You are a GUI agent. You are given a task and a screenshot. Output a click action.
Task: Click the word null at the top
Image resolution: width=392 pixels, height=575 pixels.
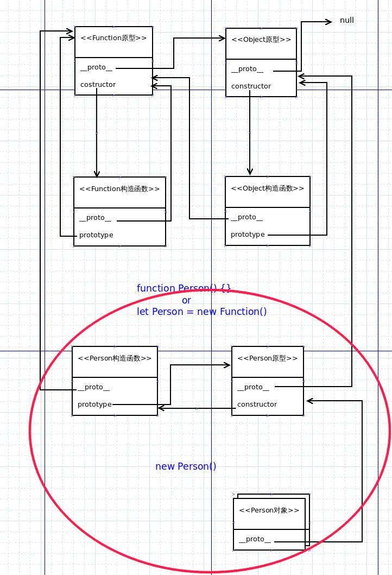[x=346, y=21]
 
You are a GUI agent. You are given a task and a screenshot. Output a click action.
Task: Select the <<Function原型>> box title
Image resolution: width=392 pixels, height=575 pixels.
[x=113, y=38]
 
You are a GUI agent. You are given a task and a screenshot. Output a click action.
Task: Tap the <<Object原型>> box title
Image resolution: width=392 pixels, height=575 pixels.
[x=261, y=40]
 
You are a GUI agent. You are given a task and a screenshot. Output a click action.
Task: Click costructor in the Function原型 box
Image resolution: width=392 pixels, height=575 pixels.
[x=98, y=85]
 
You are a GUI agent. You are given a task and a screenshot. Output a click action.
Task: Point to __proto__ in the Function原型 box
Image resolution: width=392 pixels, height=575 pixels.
[x=93, y=68]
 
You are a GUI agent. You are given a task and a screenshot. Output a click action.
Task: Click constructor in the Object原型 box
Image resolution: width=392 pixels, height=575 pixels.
[x=251, y=86]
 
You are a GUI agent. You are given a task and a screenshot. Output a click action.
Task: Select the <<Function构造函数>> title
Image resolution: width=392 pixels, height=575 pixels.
[x=119, y=189]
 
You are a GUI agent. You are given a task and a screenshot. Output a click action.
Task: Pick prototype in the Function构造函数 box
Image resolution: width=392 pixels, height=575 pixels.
[x=96, y=235]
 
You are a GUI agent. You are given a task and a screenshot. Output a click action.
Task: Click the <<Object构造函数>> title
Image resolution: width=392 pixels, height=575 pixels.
[x=268, y=188]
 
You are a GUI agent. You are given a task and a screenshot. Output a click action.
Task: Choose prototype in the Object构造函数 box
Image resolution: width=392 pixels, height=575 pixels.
[x=248, y=235]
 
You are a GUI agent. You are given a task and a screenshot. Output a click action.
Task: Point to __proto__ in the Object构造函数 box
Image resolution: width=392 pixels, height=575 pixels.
[x=246, y=218]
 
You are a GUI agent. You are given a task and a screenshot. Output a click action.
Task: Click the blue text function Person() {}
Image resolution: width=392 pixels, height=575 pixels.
[x=184, y=288]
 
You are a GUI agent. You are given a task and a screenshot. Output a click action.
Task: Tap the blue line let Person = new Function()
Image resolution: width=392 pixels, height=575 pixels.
[x=202, y=312]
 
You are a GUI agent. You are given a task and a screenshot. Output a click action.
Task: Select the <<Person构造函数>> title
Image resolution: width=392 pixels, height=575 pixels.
[x=115, y=358]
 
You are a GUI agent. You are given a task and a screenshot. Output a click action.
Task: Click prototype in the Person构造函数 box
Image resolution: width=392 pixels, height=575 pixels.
[x=94, y=405]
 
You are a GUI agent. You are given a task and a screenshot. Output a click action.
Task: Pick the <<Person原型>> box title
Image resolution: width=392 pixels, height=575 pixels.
[x=268, y=358]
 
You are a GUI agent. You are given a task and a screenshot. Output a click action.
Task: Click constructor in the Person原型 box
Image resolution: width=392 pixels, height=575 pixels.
[x=257, y=405]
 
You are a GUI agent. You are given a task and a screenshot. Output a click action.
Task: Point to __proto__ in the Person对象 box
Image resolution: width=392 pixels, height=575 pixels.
[x=255, y=539]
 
